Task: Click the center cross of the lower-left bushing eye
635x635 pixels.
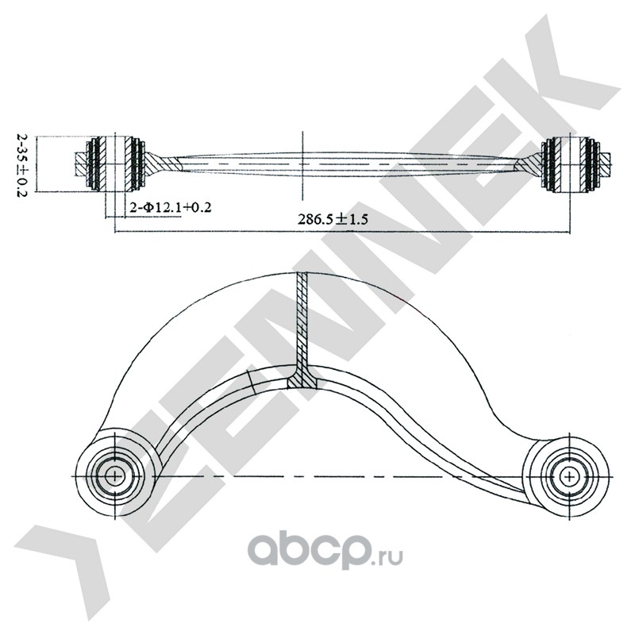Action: [116, 476]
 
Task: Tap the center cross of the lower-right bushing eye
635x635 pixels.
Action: [570, 475]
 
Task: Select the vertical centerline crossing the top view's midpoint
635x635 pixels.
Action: [302, 163]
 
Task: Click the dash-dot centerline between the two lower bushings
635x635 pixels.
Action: [341, 476]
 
